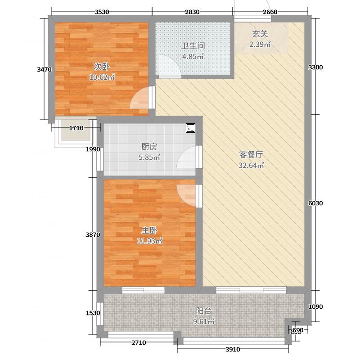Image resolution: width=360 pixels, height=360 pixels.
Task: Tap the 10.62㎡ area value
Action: point(102,77)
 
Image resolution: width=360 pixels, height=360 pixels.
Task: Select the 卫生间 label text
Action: point(193,46)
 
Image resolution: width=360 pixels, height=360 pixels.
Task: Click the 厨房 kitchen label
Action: point(149,147)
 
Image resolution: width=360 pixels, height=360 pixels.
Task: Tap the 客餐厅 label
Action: point(251,155)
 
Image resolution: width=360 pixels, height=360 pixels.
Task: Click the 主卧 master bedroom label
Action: point(149,230)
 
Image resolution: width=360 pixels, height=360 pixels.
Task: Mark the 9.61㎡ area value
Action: point(204,321)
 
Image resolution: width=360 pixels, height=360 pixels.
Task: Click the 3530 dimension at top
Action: point(103,12)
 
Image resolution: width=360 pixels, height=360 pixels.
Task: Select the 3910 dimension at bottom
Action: point(233,350)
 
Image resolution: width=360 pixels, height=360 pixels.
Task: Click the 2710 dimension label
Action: point(139,343)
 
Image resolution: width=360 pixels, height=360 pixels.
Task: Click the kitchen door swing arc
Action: point(187,159)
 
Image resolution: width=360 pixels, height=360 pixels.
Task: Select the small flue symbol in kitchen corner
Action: point(190,128)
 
